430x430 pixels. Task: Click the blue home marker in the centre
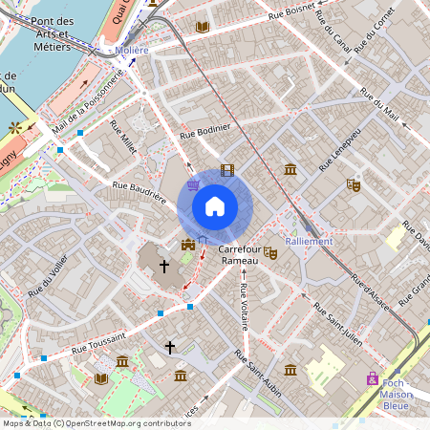(215, 205)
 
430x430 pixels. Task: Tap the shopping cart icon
(195, 185)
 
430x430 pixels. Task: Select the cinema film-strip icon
(226, 170)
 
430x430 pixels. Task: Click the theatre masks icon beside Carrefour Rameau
(270, 253)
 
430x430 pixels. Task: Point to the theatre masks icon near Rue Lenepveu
(354, 185)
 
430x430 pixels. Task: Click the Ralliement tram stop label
(310, 241)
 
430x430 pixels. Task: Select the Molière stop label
(131, 50)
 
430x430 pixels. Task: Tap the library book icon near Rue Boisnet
(202, 28)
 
